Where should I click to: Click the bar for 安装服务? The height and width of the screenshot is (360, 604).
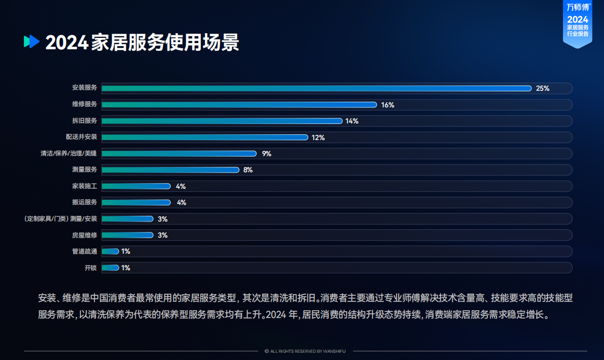tap(317, 89)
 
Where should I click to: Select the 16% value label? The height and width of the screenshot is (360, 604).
tap(388, 105)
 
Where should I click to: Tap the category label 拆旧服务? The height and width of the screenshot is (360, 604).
tap(85, 121)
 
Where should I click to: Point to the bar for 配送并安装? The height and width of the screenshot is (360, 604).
tap(205, 137)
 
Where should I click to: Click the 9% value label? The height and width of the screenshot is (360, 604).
tap(267, 154)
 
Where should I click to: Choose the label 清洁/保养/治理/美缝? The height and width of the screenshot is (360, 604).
tap(69, 154)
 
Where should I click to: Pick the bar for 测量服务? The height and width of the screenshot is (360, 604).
tap(170, 170)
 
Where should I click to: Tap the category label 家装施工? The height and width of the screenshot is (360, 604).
tap(85, 186)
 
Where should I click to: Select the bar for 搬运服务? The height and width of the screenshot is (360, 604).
tap(136, 202)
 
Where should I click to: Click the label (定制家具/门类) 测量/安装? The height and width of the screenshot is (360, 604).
tap(61, 219)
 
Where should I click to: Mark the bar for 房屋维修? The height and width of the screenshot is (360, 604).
tap(128, 235)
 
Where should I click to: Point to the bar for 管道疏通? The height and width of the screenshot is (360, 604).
tap(110, 252)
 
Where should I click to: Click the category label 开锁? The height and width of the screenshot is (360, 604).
tap(91, 268)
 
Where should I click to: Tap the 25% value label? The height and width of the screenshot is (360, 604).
tap(543, 89)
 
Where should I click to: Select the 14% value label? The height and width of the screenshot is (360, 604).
tap(352, 121)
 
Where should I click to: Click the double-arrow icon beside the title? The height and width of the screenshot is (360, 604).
tap(32, 41)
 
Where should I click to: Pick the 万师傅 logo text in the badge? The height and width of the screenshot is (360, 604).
tap(577, 7)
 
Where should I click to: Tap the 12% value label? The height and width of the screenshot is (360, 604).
tap(318, 137)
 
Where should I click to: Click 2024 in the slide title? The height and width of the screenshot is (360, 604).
tap(66, 43)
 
